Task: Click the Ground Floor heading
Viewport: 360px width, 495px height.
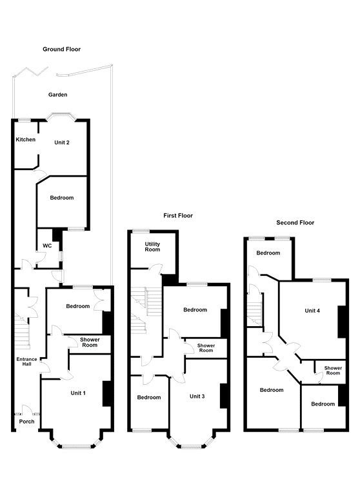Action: [62, 49]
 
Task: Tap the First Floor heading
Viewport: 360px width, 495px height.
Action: [178, 216]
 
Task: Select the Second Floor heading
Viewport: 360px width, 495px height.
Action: [295, 222]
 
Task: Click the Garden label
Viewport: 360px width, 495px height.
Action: [58, 94]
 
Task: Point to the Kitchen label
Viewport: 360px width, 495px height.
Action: [26, 139]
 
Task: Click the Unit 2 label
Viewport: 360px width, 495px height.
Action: [62, 142]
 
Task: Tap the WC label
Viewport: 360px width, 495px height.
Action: [47, 246]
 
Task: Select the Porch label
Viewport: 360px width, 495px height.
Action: [26, 422]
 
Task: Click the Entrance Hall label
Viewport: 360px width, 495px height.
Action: [26, 362]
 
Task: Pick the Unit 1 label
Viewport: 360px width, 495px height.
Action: [78, 393]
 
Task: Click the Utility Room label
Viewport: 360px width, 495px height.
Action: [152, 247]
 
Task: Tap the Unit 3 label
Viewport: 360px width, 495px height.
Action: [197, 396]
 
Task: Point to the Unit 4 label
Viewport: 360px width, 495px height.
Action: [312, 311]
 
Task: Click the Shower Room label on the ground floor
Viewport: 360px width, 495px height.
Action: [90, 342]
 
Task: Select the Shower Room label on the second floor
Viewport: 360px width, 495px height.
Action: [333, 371]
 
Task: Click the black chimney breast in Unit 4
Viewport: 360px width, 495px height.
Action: [342, 322]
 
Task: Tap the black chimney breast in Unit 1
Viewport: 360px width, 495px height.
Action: [107, 394]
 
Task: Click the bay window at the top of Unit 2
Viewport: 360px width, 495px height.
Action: [61, 116]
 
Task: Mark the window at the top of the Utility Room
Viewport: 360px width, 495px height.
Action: [141, 231]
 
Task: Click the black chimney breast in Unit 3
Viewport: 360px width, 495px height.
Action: [224, 396]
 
